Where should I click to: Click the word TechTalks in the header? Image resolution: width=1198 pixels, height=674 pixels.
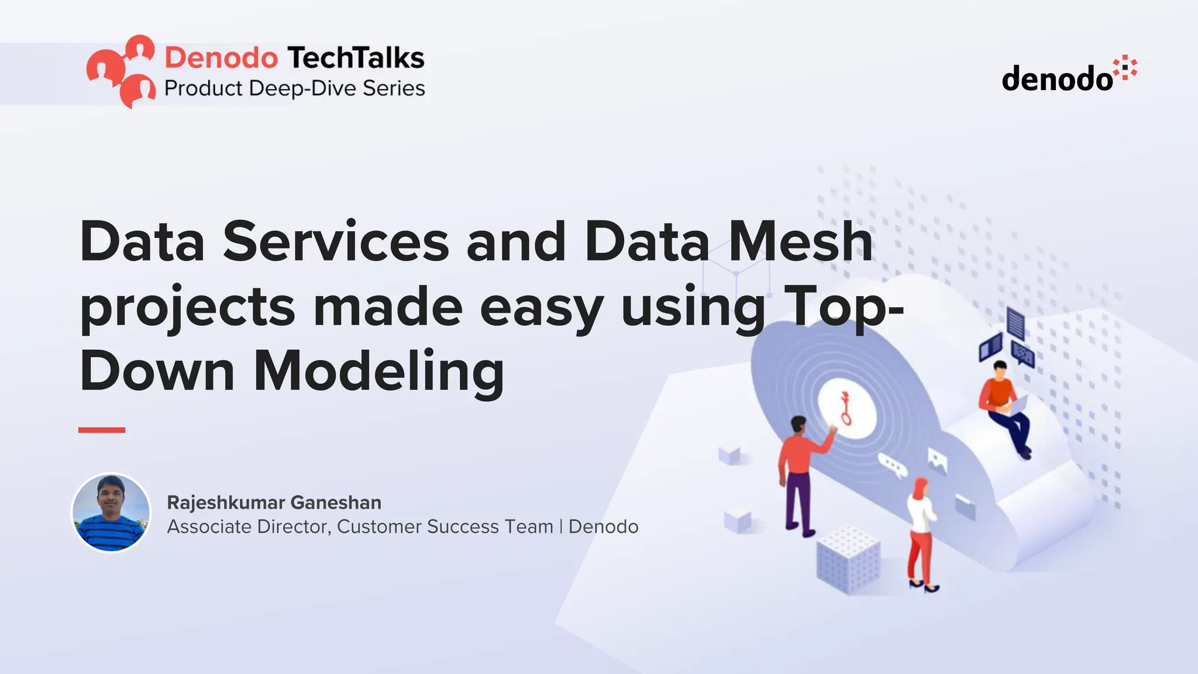pos(356,58)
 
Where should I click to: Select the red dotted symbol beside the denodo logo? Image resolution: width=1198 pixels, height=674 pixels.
pos(1124,68)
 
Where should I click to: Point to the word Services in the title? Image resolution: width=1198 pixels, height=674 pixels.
pos(336,242)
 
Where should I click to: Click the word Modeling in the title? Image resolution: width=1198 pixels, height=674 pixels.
pos(378,372)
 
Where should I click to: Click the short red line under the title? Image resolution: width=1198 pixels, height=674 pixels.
pos(102,430)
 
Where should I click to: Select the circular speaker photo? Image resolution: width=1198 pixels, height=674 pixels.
pos(111,513)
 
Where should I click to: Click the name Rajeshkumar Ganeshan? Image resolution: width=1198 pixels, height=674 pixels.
pos(274,503)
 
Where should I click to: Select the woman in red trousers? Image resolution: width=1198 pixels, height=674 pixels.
pos(921,532)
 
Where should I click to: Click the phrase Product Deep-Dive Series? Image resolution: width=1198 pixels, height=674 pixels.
pos(294,88)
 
